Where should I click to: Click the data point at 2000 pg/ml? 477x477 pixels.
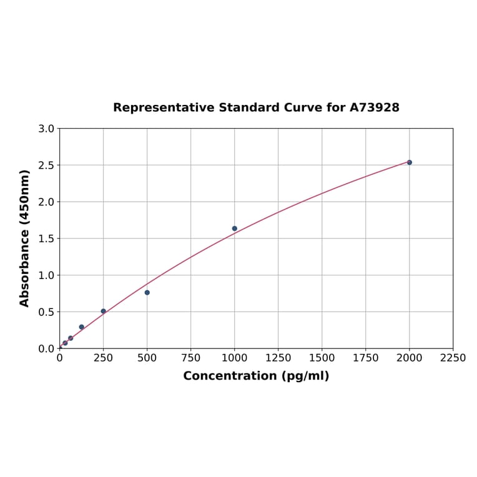coord(410,162)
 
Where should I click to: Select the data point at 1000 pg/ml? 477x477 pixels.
coord(235,229)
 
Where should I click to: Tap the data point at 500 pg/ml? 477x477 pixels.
coord(147,292)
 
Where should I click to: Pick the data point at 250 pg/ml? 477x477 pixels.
coord(104,311)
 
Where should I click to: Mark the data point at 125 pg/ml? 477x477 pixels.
coord(82,327)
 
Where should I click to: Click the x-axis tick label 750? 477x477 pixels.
coord(191,358)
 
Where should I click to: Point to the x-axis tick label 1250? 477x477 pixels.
coord(278,358)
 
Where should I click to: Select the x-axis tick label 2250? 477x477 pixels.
coord(453,358)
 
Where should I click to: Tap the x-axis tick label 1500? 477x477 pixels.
coord(322,358)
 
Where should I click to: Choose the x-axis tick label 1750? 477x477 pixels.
coord(366,358)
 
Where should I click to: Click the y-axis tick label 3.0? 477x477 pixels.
coord(46,129)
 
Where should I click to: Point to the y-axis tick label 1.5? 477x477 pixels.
coord(46,238)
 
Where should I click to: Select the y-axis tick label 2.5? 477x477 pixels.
coord(46,165)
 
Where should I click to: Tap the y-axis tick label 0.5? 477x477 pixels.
coord(46,312)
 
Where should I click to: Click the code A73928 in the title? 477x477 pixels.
coord(375,107)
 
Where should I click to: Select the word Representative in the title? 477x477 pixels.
coord(164,107)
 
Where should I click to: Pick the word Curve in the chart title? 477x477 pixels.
coord(303,107)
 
